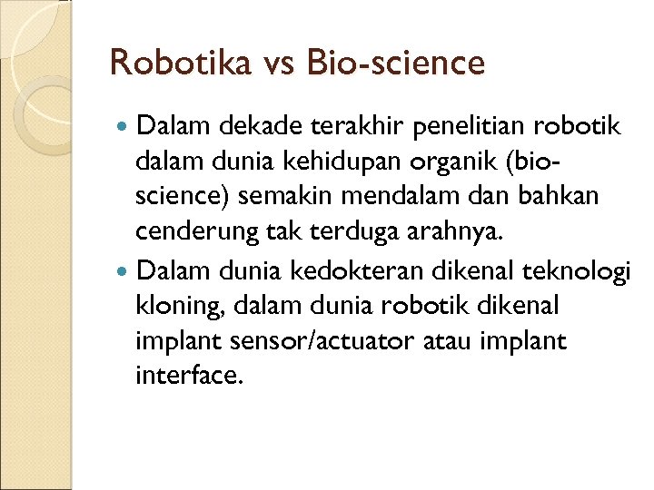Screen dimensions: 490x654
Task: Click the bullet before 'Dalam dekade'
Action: (x=124, y=127)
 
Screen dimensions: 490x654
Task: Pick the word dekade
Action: (x=238, y=127)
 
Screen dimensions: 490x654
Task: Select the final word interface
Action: (x=188, y=375)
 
